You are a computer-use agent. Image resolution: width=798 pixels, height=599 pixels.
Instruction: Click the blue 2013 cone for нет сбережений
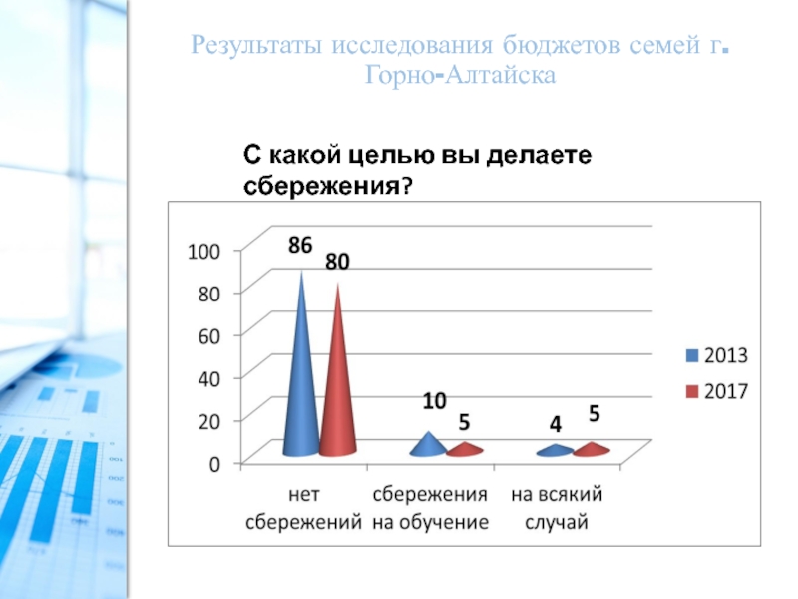[301, 389]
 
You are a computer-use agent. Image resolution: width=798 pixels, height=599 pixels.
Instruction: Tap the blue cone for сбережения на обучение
[428, 446]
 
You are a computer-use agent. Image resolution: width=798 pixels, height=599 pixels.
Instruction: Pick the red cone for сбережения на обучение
[464, 450]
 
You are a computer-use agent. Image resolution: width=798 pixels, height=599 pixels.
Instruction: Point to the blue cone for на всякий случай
[555, 451]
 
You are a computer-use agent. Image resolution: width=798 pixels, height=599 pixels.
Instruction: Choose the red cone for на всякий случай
[592, 450]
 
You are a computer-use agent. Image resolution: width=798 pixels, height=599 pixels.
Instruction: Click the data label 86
[301, 245]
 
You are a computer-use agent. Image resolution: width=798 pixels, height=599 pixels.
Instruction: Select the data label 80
[337, 263]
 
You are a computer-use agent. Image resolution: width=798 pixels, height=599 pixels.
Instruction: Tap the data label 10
[433, 401]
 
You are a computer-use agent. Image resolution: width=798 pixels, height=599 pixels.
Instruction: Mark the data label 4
[556, 425]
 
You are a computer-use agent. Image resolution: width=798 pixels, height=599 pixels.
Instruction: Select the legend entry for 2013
[718, 355]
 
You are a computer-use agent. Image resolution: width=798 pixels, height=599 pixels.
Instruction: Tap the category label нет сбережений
[302, 507]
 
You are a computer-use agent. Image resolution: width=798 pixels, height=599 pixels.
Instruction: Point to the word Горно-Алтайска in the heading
[459, 74]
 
